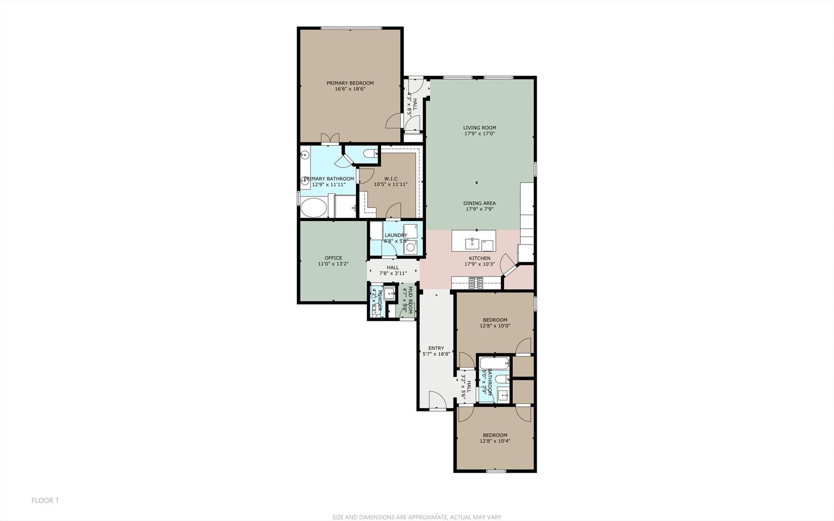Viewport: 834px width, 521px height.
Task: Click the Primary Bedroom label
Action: pyautogui.click(x=350, y=83)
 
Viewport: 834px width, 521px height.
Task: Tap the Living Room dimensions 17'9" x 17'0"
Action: pyautogui.click(x=480, y=134)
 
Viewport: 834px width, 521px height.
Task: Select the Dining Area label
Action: pyautogui.click(x=479, y=203)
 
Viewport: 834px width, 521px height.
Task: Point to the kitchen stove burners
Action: pyautogui.click(x=476, y=283)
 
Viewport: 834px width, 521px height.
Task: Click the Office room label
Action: pyautogui.click(x=333, y=258)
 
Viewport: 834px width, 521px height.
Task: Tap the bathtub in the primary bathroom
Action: pyautogui.click(x=314, y=208)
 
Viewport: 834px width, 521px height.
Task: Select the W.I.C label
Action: pyautogui.click(x=390, y=179)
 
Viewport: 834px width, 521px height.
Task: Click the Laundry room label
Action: pyautogui.click(x=396, y=235)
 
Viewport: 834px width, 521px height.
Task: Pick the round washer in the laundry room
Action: pyautogui.click(x=410, y=247)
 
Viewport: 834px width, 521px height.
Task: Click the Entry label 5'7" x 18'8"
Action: pyautogui.click(x=436, y=348)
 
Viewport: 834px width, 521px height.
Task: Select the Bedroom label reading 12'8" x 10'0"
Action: pyautogui.click(x=495, y=320)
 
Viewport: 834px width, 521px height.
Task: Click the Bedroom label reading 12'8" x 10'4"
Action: pyautogui.click(x=495, y=435)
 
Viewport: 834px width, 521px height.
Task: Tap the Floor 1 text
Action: pyautogui.click(x=45, y=500)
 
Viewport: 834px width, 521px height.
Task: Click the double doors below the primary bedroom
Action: pyautogui.click(x=330, y=139)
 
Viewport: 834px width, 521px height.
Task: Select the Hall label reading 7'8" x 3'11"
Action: pyautogui.click(x=393, y=267)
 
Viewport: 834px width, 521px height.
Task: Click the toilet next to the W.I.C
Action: pyautogui.click(x=370, y=154)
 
